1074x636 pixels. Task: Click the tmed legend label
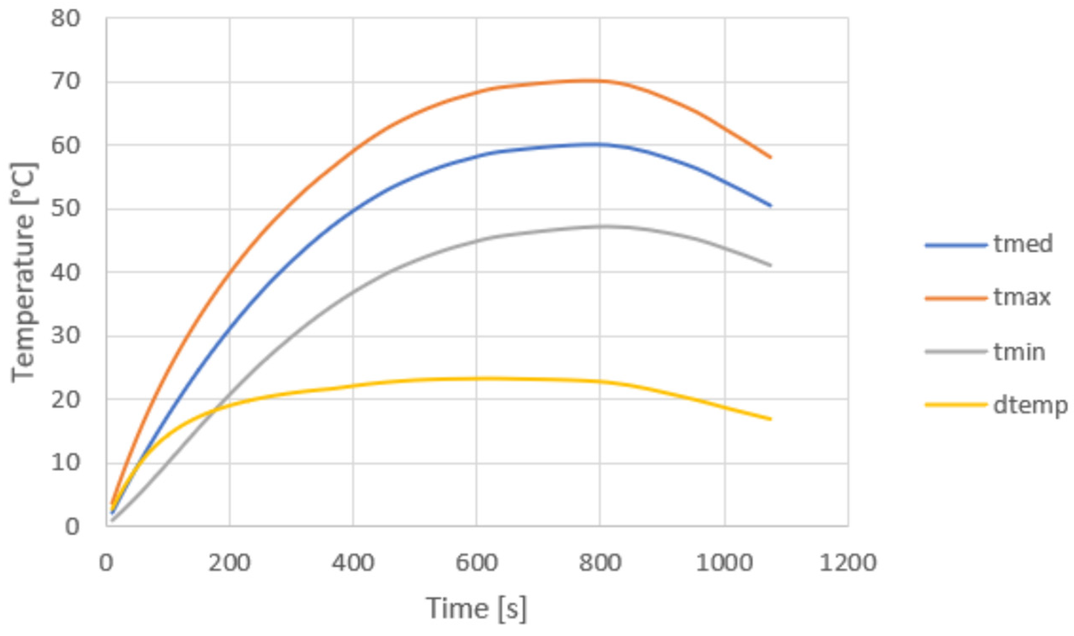(1022, 244)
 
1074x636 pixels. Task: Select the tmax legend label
(1022, 297)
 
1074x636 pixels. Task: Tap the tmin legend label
(1019, 352)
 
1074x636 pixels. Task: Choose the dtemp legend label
(1030, 405)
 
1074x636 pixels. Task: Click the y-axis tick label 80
(66, 19)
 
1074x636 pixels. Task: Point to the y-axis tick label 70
(66, 82)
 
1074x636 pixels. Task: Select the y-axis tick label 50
(66, 209)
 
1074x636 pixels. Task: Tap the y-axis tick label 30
(66, 336)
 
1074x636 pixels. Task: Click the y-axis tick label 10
(66, 463)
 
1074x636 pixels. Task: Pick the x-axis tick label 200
(229, 563)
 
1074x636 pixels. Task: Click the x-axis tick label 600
(476, 563)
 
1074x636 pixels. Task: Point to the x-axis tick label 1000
(724, 563)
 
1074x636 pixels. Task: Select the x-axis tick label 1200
(848, 563)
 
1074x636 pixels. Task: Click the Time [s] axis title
(476, 608)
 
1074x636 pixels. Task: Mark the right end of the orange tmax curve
(770, 157)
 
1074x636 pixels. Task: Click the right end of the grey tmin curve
(770, 265)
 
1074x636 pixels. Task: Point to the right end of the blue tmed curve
(770, 206)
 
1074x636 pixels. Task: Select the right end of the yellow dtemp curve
(770, 419)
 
